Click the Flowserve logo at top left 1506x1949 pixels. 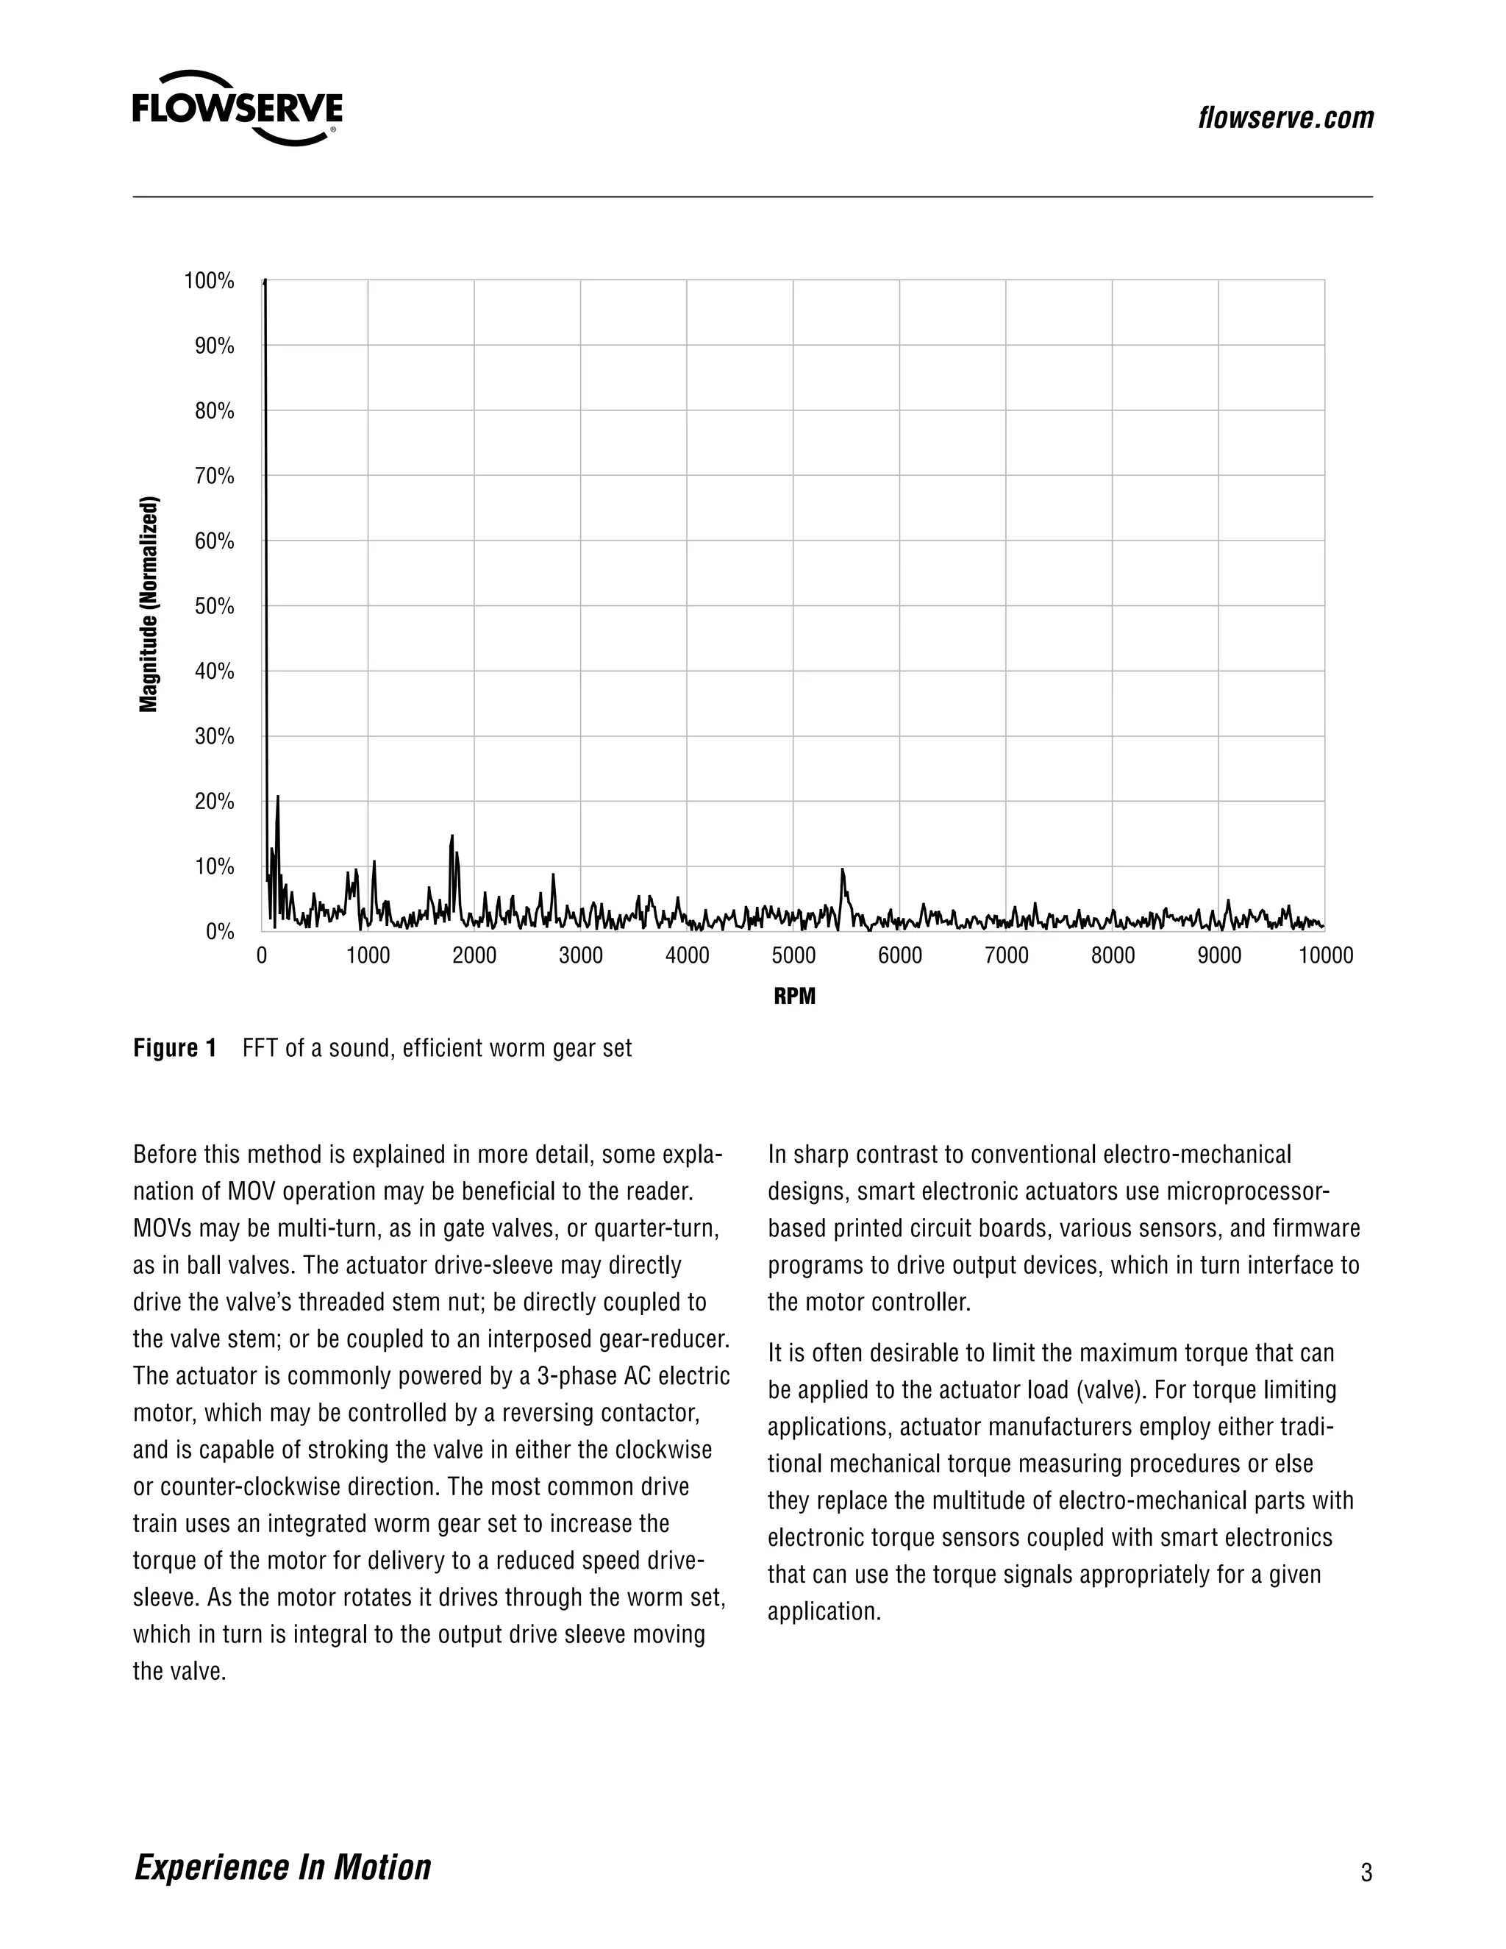(x=238, y=109)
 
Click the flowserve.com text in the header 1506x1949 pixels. (x=1285, y=118)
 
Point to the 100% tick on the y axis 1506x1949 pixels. (x=209, y=281)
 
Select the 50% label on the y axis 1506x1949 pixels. (x=214, y=607)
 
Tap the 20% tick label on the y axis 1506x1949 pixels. (x=214, y=802)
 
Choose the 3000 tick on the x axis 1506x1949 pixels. (x=581, y=956)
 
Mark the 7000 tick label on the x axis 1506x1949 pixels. (x=1007, y=956)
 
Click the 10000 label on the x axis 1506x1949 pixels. (x=1325, y=956)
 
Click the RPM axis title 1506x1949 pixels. (x=794, y=996)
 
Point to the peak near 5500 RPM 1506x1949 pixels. (x=842, y=869)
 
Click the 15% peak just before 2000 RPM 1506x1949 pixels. (x=452, y=836)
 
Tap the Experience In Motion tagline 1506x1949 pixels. (x=282, y=1866)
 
